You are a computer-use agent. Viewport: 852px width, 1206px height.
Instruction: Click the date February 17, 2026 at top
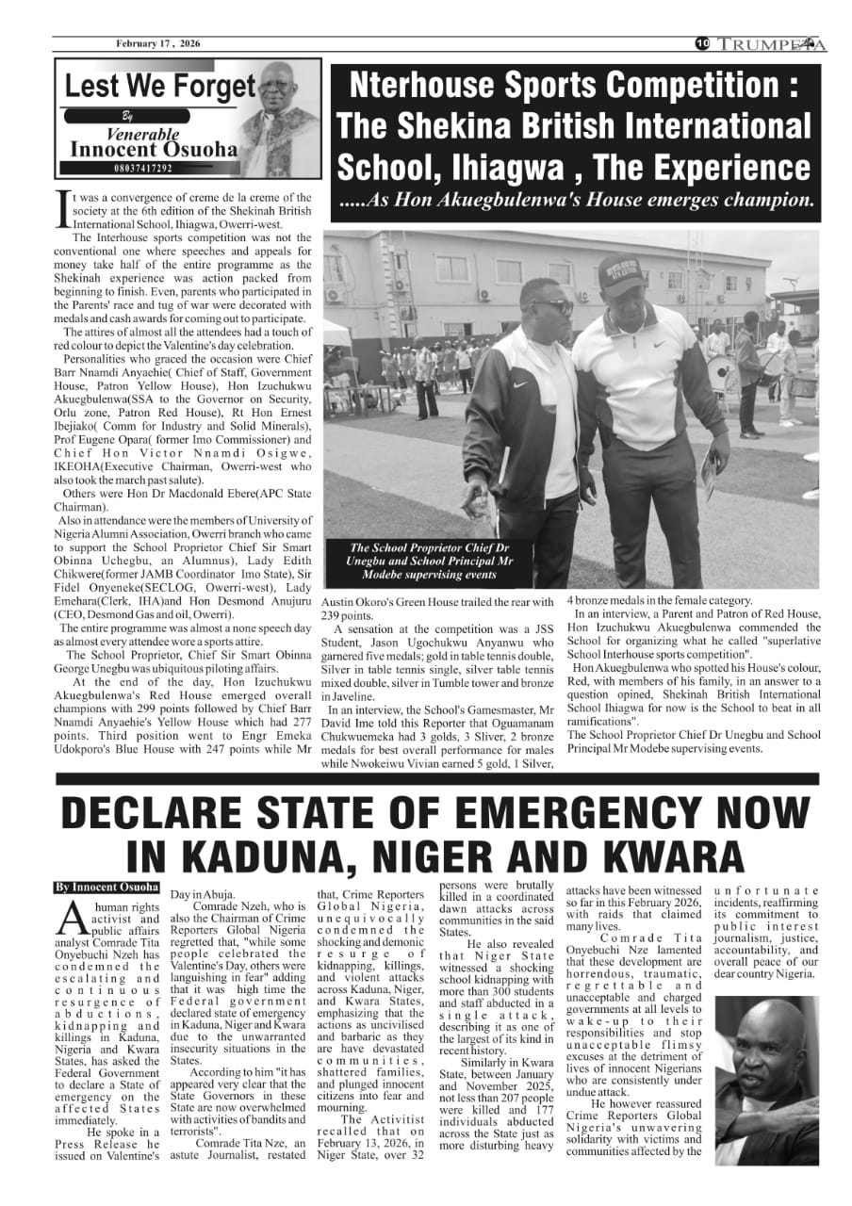point(158,43)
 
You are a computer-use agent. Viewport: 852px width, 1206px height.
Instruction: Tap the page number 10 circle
point(702,43)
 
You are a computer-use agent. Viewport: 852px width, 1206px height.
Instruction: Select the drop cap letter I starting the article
point(63,211)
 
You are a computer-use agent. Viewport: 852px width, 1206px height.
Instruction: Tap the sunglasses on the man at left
point(552,306)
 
